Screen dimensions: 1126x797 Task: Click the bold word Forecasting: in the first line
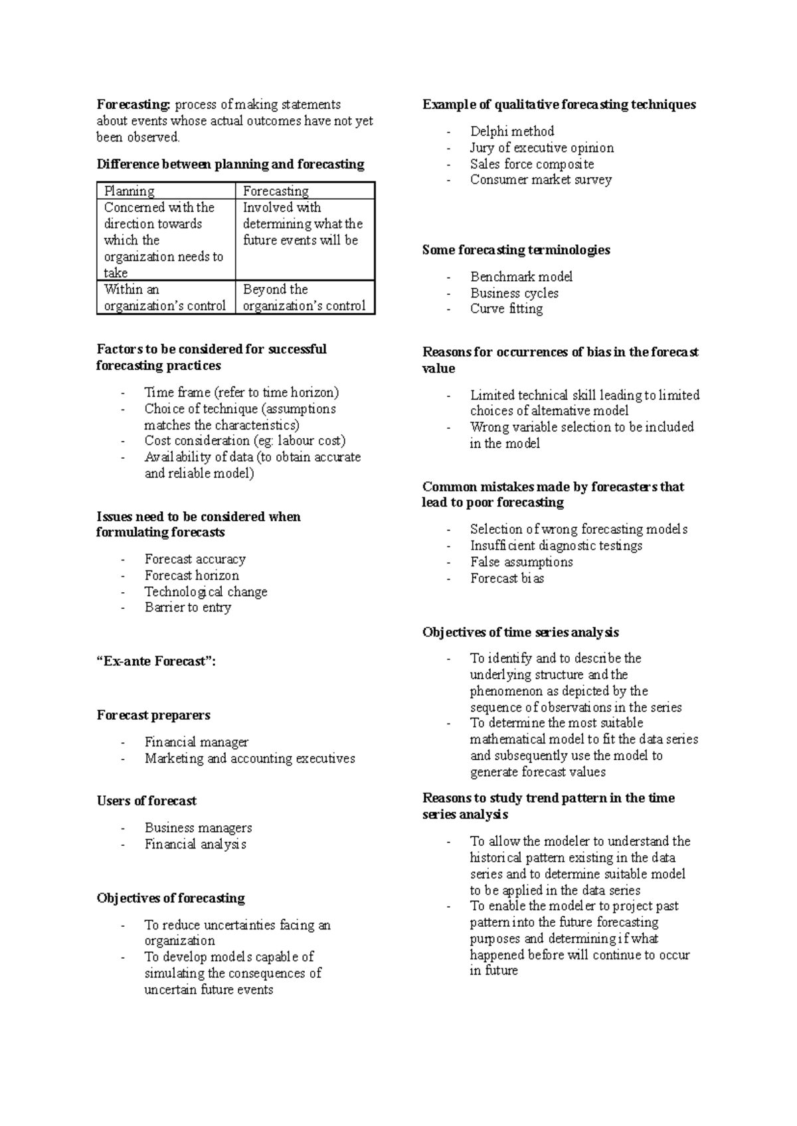133,105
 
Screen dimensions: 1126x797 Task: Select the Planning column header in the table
130,191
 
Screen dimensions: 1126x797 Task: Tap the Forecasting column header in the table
276,191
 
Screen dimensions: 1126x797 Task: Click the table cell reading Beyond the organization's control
304,297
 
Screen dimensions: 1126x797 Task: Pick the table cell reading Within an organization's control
165,297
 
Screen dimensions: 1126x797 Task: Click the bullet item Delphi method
512,131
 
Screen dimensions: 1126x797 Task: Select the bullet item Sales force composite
532,164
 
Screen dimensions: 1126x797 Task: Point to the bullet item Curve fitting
507,309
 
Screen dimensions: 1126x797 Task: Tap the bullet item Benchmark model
521,277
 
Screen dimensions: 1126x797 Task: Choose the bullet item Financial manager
197,742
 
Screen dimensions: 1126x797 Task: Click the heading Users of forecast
147,801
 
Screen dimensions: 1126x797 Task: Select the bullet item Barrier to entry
188,607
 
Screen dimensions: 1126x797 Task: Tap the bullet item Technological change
206,592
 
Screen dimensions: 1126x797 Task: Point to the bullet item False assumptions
521,562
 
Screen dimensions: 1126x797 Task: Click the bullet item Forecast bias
507,578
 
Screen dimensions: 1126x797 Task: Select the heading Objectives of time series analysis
521,632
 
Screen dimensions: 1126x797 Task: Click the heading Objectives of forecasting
171,898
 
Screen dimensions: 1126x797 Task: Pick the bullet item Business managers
199,828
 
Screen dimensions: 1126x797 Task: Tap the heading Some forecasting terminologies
516,250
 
